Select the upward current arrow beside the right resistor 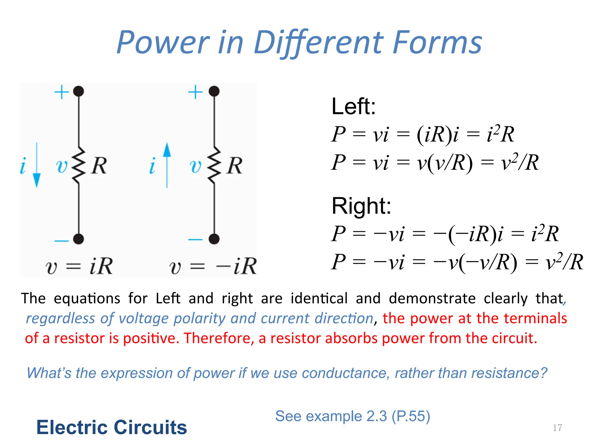pos(167,165)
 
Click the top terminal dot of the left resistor pos(79,91)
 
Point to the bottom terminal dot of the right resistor pos(214,239)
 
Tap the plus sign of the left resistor pos(62,92)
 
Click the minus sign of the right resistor pos(195,240)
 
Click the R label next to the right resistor pos(235,166)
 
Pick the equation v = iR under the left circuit pos(79,266)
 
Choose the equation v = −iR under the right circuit pos(213,266)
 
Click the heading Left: pos(353,106)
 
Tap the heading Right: pos(361,206)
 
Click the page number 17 pos(557,428)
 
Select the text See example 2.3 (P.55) pos(352,416)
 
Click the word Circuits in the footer pos(150,427)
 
